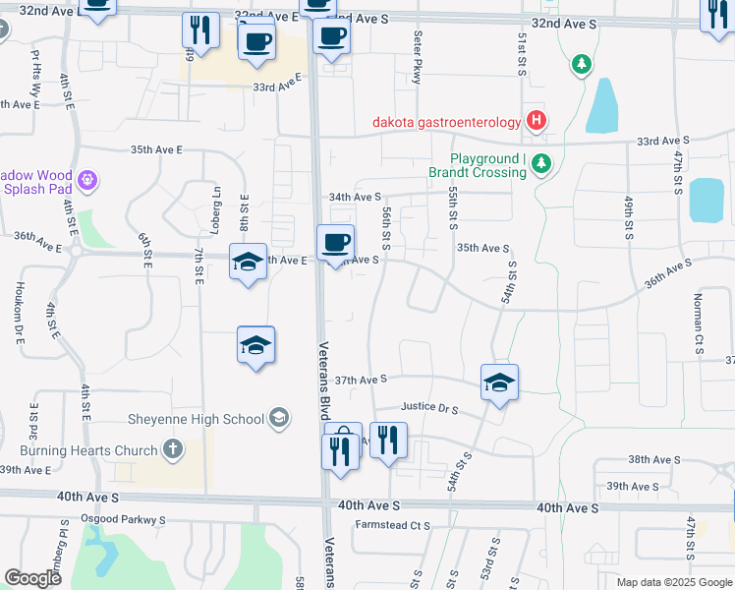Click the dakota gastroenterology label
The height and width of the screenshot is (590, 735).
pos(446,122)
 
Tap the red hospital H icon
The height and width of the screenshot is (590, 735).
pos(537,121)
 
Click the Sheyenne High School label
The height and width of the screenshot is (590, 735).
pos(197,418)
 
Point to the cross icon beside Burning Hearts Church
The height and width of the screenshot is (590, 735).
pos(173,450)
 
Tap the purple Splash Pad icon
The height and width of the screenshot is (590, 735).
pos(86,180)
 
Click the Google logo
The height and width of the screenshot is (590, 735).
pos(32,578)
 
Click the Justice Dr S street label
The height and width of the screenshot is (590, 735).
pos(430,406)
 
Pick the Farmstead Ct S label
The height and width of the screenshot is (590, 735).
pos(393,525)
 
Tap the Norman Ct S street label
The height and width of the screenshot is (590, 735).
pos(699,324)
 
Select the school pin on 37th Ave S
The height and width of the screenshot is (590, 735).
pos(499,382)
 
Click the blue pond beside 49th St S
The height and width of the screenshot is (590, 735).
pos(706,200)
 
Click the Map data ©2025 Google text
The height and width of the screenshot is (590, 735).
pos(673,582)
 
